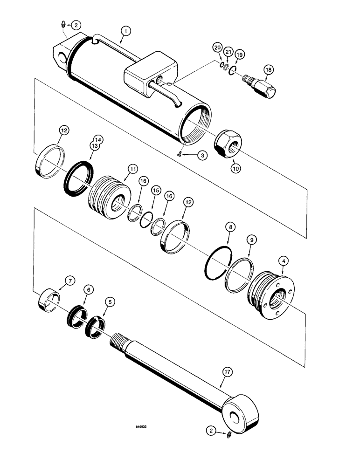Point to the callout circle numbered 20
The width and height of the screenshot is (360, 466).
(217, 48)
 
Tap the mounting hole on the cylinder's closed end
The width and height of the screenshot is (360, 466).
(62, 57)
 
